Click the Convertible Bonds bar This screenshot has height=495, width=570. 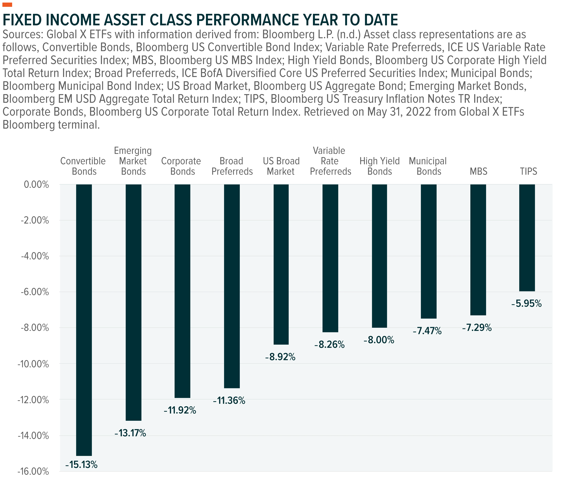point(84,320)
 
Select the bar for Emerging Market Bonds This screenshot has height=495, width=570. point(134,302)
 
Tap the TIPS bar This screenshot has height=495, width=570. point(527,238)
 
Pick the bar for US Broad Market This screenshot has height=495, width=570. point(281,264)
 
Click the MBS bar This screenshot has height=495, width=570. point(478,250)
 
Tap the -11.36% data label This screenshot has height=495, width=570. point(229,401)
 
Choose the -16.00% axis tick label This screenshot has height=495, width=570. point(33,471)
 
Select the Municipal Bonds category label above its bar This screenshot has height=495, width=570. point(428,166)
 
